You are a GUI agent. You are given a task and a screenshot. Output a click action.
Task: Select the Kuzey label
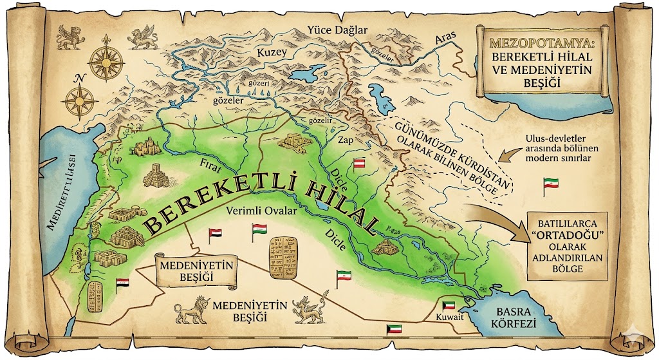[270, 52]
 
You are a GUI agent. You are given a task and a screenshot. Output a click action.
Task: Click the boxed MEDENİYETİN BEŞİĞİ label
[194, 270]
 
